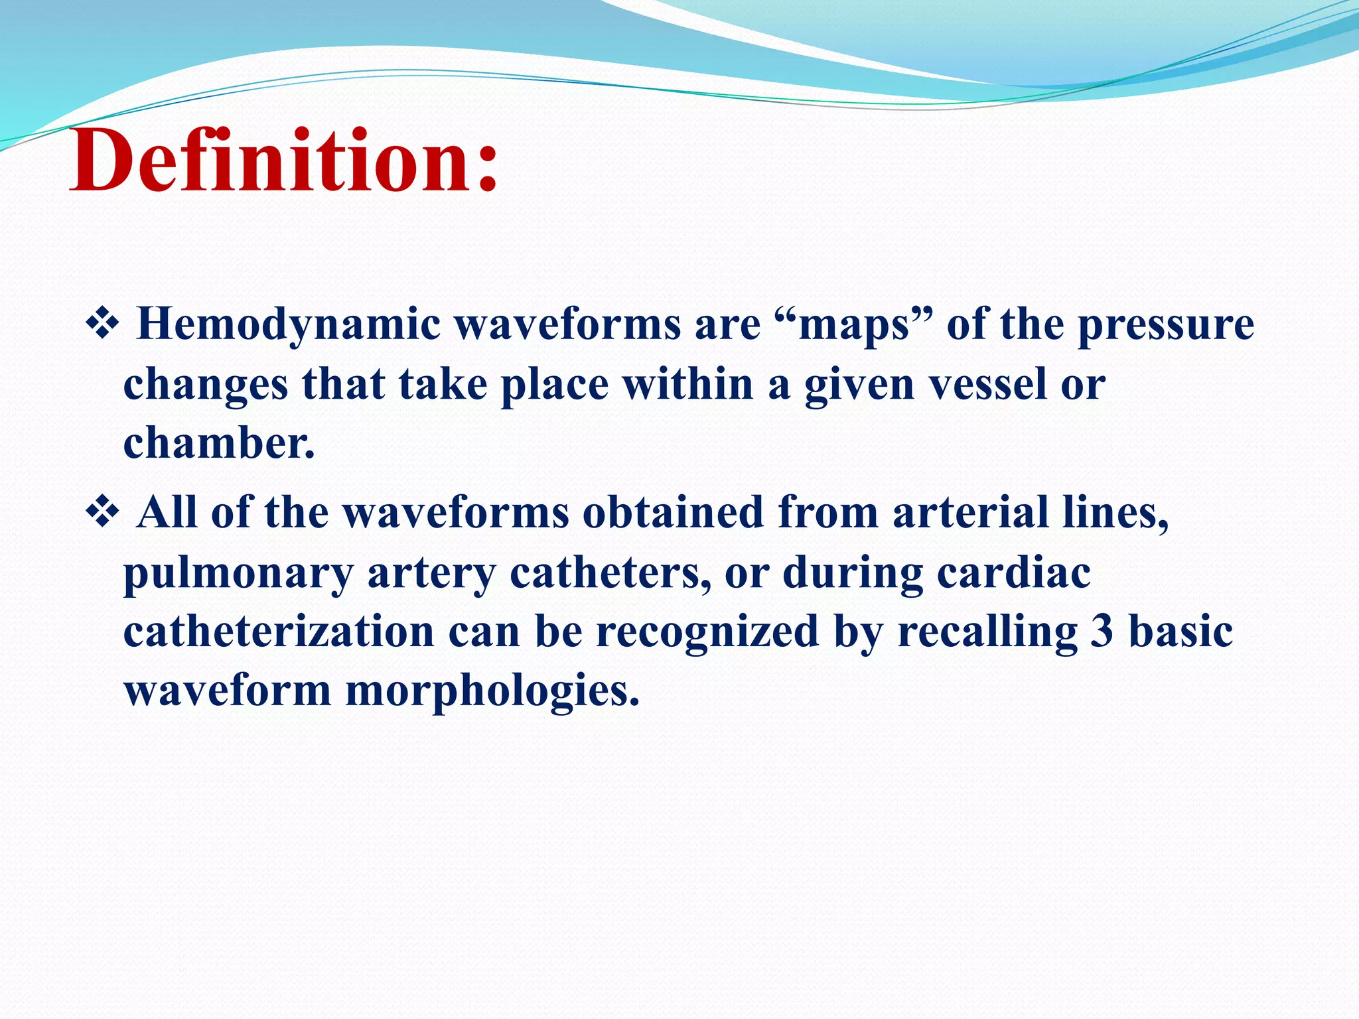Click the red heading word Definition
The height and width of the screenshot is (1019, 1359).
(265, 161)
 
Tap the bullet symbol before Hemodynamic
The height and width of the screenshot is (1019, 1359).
(102, 325)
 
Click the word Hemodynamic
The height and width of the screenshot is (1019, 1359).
(288, 326)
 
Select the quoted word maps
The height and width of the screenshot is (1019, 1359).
(853, 326)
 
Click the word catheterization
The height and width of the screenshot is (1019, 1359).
(279, 631)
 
